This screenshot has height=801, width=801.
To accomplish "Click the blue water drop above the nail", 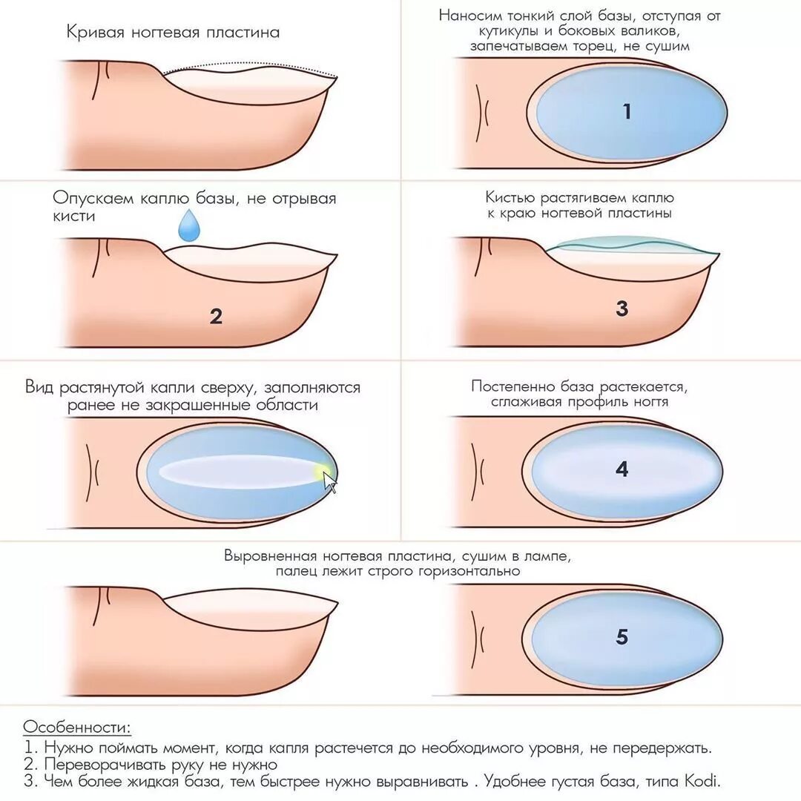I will tap(190, 227).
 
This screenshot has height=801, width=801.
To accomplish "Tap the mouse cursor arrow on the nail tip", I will tap(330, 484).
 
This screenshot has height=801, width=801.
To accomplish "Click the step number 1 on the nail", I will tap(627, 112).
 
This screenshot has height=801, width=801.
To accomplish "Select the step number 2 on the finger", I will tap(216, 317).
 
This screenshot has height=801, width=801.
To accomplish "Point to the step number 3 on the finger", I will tap(622, 309).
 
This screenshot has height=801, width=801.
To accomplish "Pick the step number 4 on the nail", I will tap(622, 469).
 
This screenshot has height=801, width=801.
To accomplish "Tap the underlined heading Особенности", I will tap(76, 726).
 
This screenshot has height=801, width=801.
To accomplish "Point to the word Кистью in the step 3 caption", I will tap(510, 198).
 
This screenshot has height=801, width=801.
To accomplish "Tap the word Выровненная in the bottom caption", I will tap(272, 556).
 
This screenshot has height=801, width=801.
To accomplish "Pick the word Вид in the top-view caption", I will tap(37, 387).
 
